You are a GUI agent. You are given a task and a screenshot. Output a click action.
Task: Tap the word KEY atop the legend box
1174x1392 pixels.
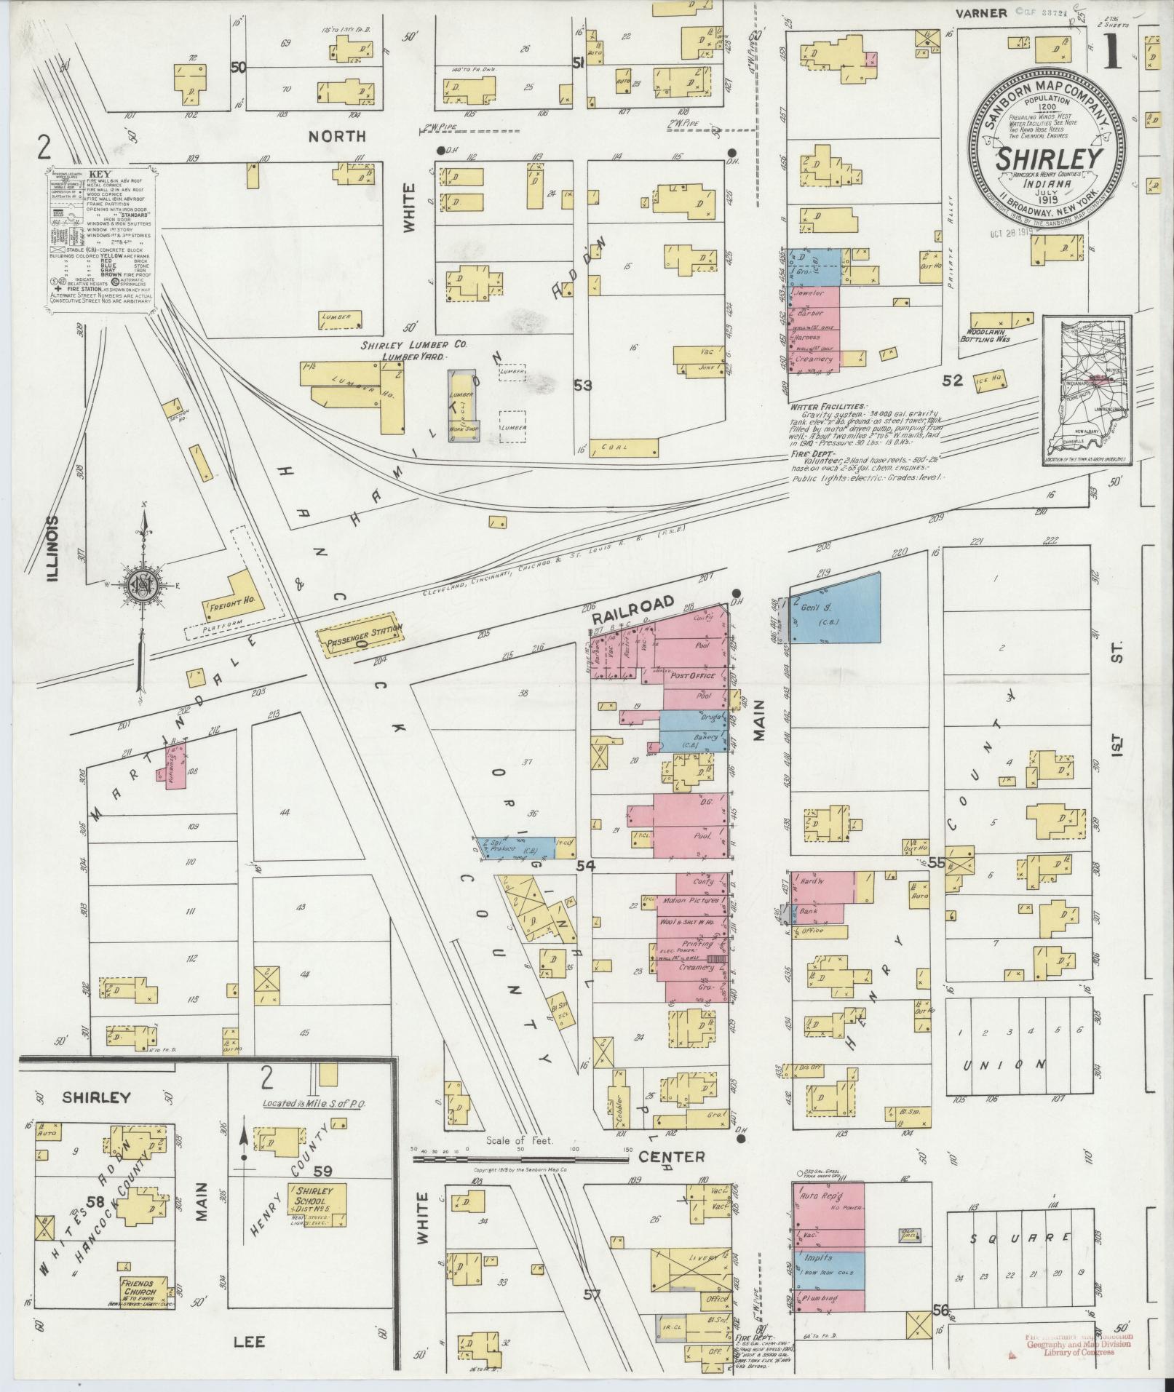[x=99, y=175]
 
